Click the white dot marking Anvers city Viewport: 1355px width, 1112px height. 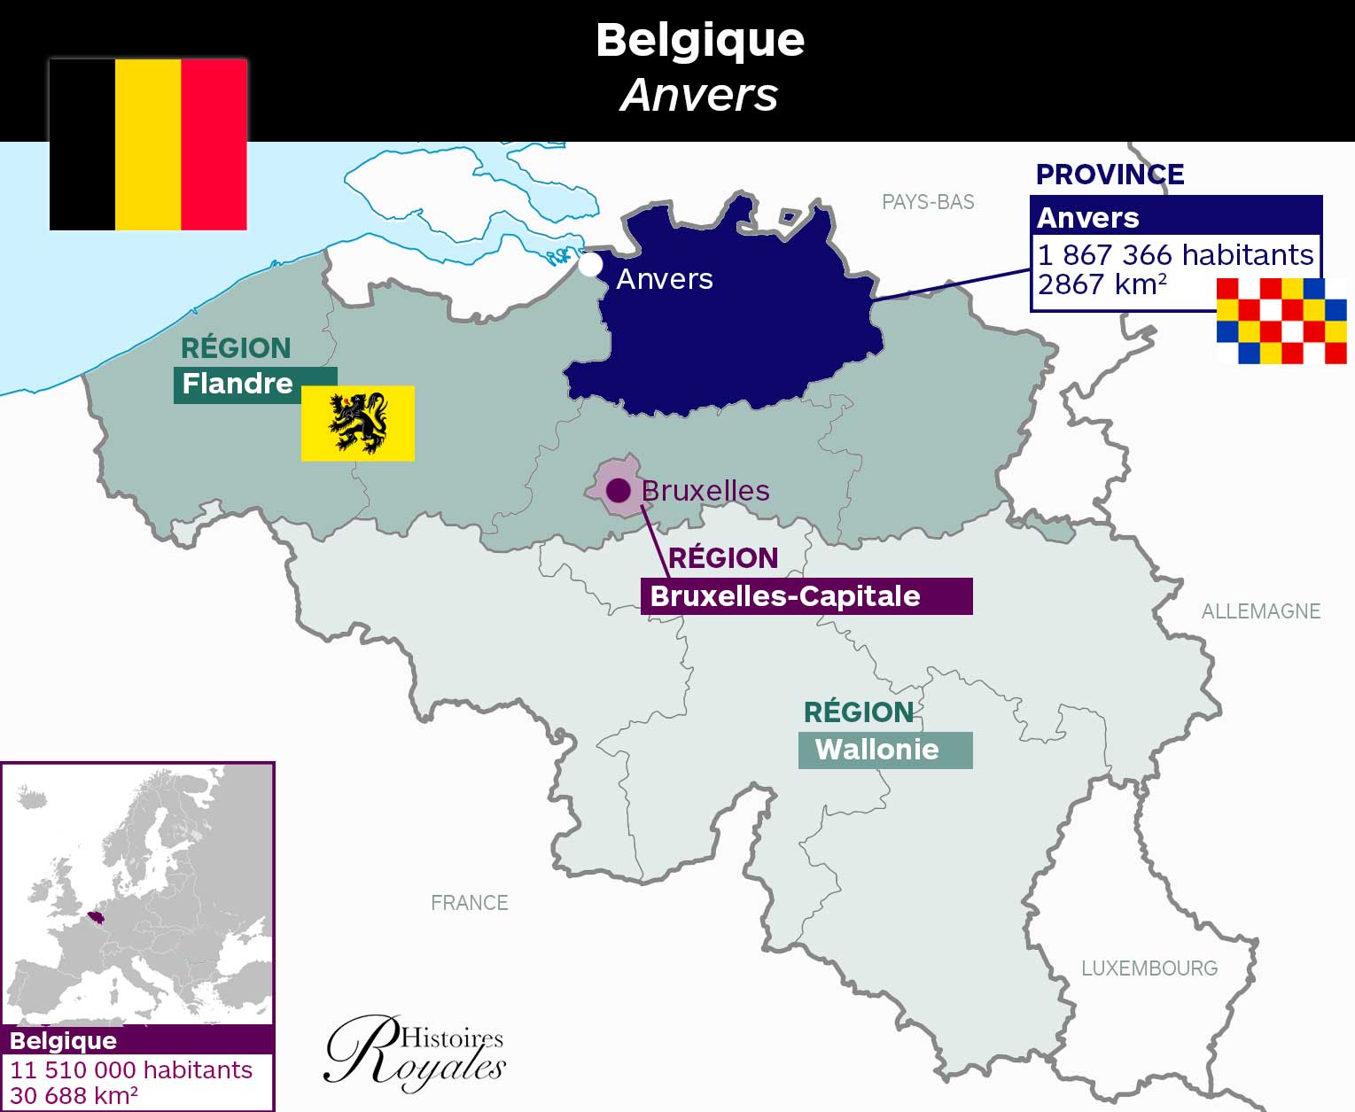pyautogui.click(x=590, y=264)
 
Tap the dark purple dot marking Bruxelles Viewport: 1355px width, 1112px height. pyautogui.click(x=618, y=490)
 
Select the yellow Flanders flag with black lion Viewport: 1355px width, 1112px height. pyautogui.click(x=358, y=423)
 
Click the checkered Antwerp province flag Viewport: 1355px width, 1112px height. pyautogui.click(x=1281, y=321)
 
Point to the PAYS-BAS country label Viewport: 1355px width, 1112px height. pyautogui.click(x=928, y=202)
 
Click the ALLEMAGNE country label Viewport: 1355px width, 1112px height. pyautogui.click(x=1260, y=610)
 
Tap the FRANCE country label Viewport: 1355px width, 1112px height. pyautogui.click(x=469, y=903)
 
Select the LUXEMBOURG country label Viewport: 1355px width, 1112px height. pyautogui.click(x=1149, y=968)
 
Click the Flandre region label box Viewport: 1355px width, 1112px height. pyautogui.click(x=238, y=385)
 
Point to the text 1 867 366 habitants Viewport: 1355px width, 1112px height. pyautogui.click(x=1175, y=255)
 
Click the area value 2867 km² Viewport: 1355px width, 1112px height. pyautogui.click(x=1102, y=284)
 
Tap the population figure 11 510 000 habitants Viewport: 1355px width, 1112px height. pyautogui.click(x=131, y=1069)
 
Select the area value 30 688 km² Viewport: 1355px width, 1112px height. pyautogui.click(x=74, y=1096)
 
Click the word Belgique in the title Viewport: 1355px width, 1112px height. pyautogui.click(x=700, y=40)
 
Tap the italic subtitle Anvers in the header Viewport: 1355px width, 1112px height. pyautogui.click(x=698, y=95)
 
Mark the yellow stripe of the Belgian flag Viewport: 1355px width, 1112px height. pyautogui.click(x=148, y=144)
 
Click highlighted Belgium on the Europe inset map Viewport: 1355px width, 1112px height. pyautogui.click(x=96, y=916)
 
